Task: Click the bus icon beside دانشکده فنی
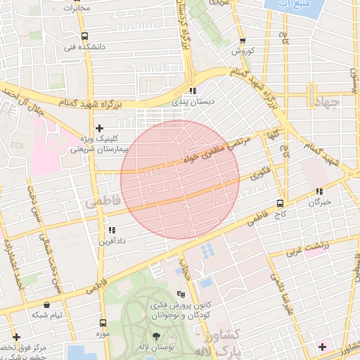84,36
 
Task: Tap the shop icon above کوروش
243,41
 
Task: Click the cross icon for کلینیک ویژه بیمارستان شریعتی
99,128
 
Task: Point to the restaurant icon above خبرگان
319,191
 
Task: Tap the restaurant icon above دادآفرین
111,230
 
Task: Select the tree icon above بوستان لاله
156,336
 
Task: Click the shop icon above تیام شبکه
47,305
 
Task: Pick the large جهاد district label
323,103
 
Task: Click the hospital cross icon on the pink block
322,346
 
